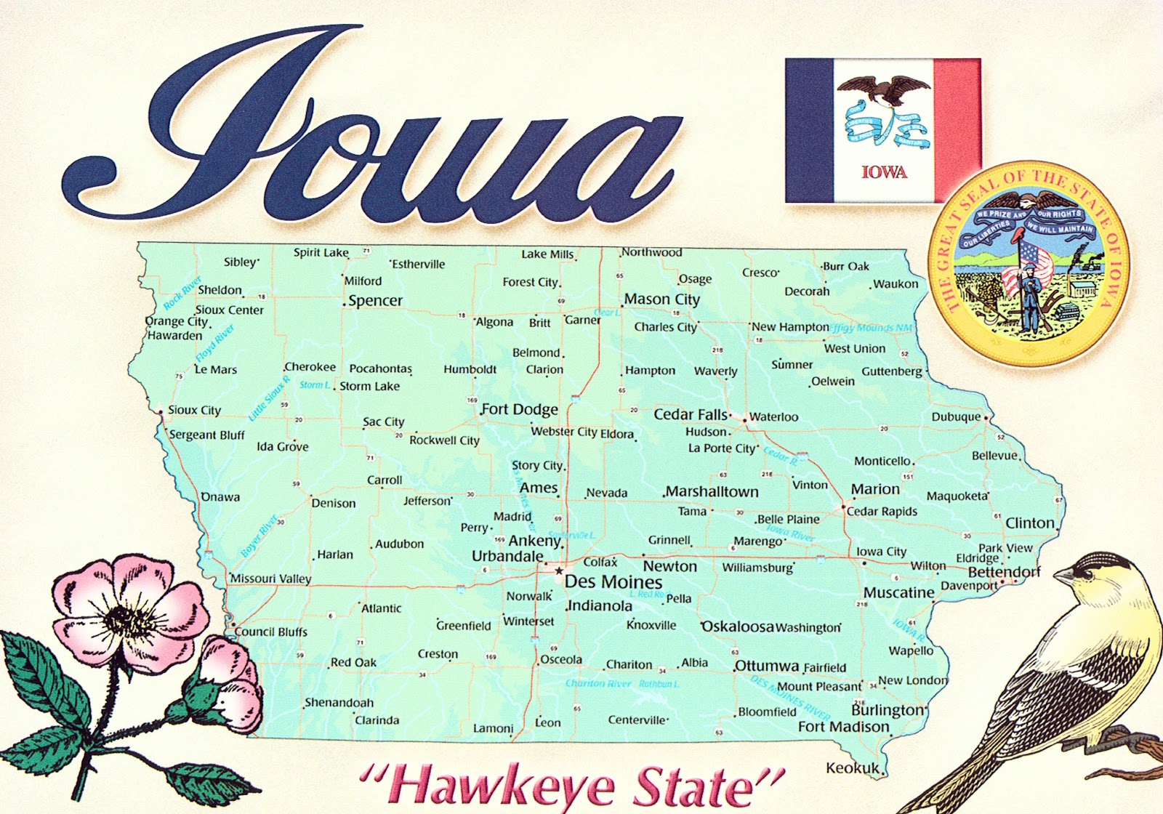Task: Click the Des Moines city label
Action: (613, 582)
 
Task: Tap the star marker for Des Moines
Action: (558, 571)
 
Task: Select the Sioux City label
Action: (194, 410)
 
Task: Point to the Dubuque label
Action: (956, 417)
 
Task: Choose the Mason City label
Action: (661, 299)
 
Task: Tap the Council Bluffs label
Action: (271, 632)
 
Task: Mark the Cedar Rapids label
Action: (882, 511)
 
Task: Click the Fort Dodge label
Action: (519, 409)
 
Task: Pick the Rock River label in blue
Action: (182, 293)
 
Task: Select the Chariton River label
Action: (598, 683)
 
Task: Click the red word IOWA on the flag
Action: (884, 172)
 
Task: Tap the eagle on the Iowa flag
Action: (883, 90)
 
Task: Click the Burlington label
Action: (888, 710)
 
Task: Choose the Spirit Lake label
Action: (321, 253)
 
